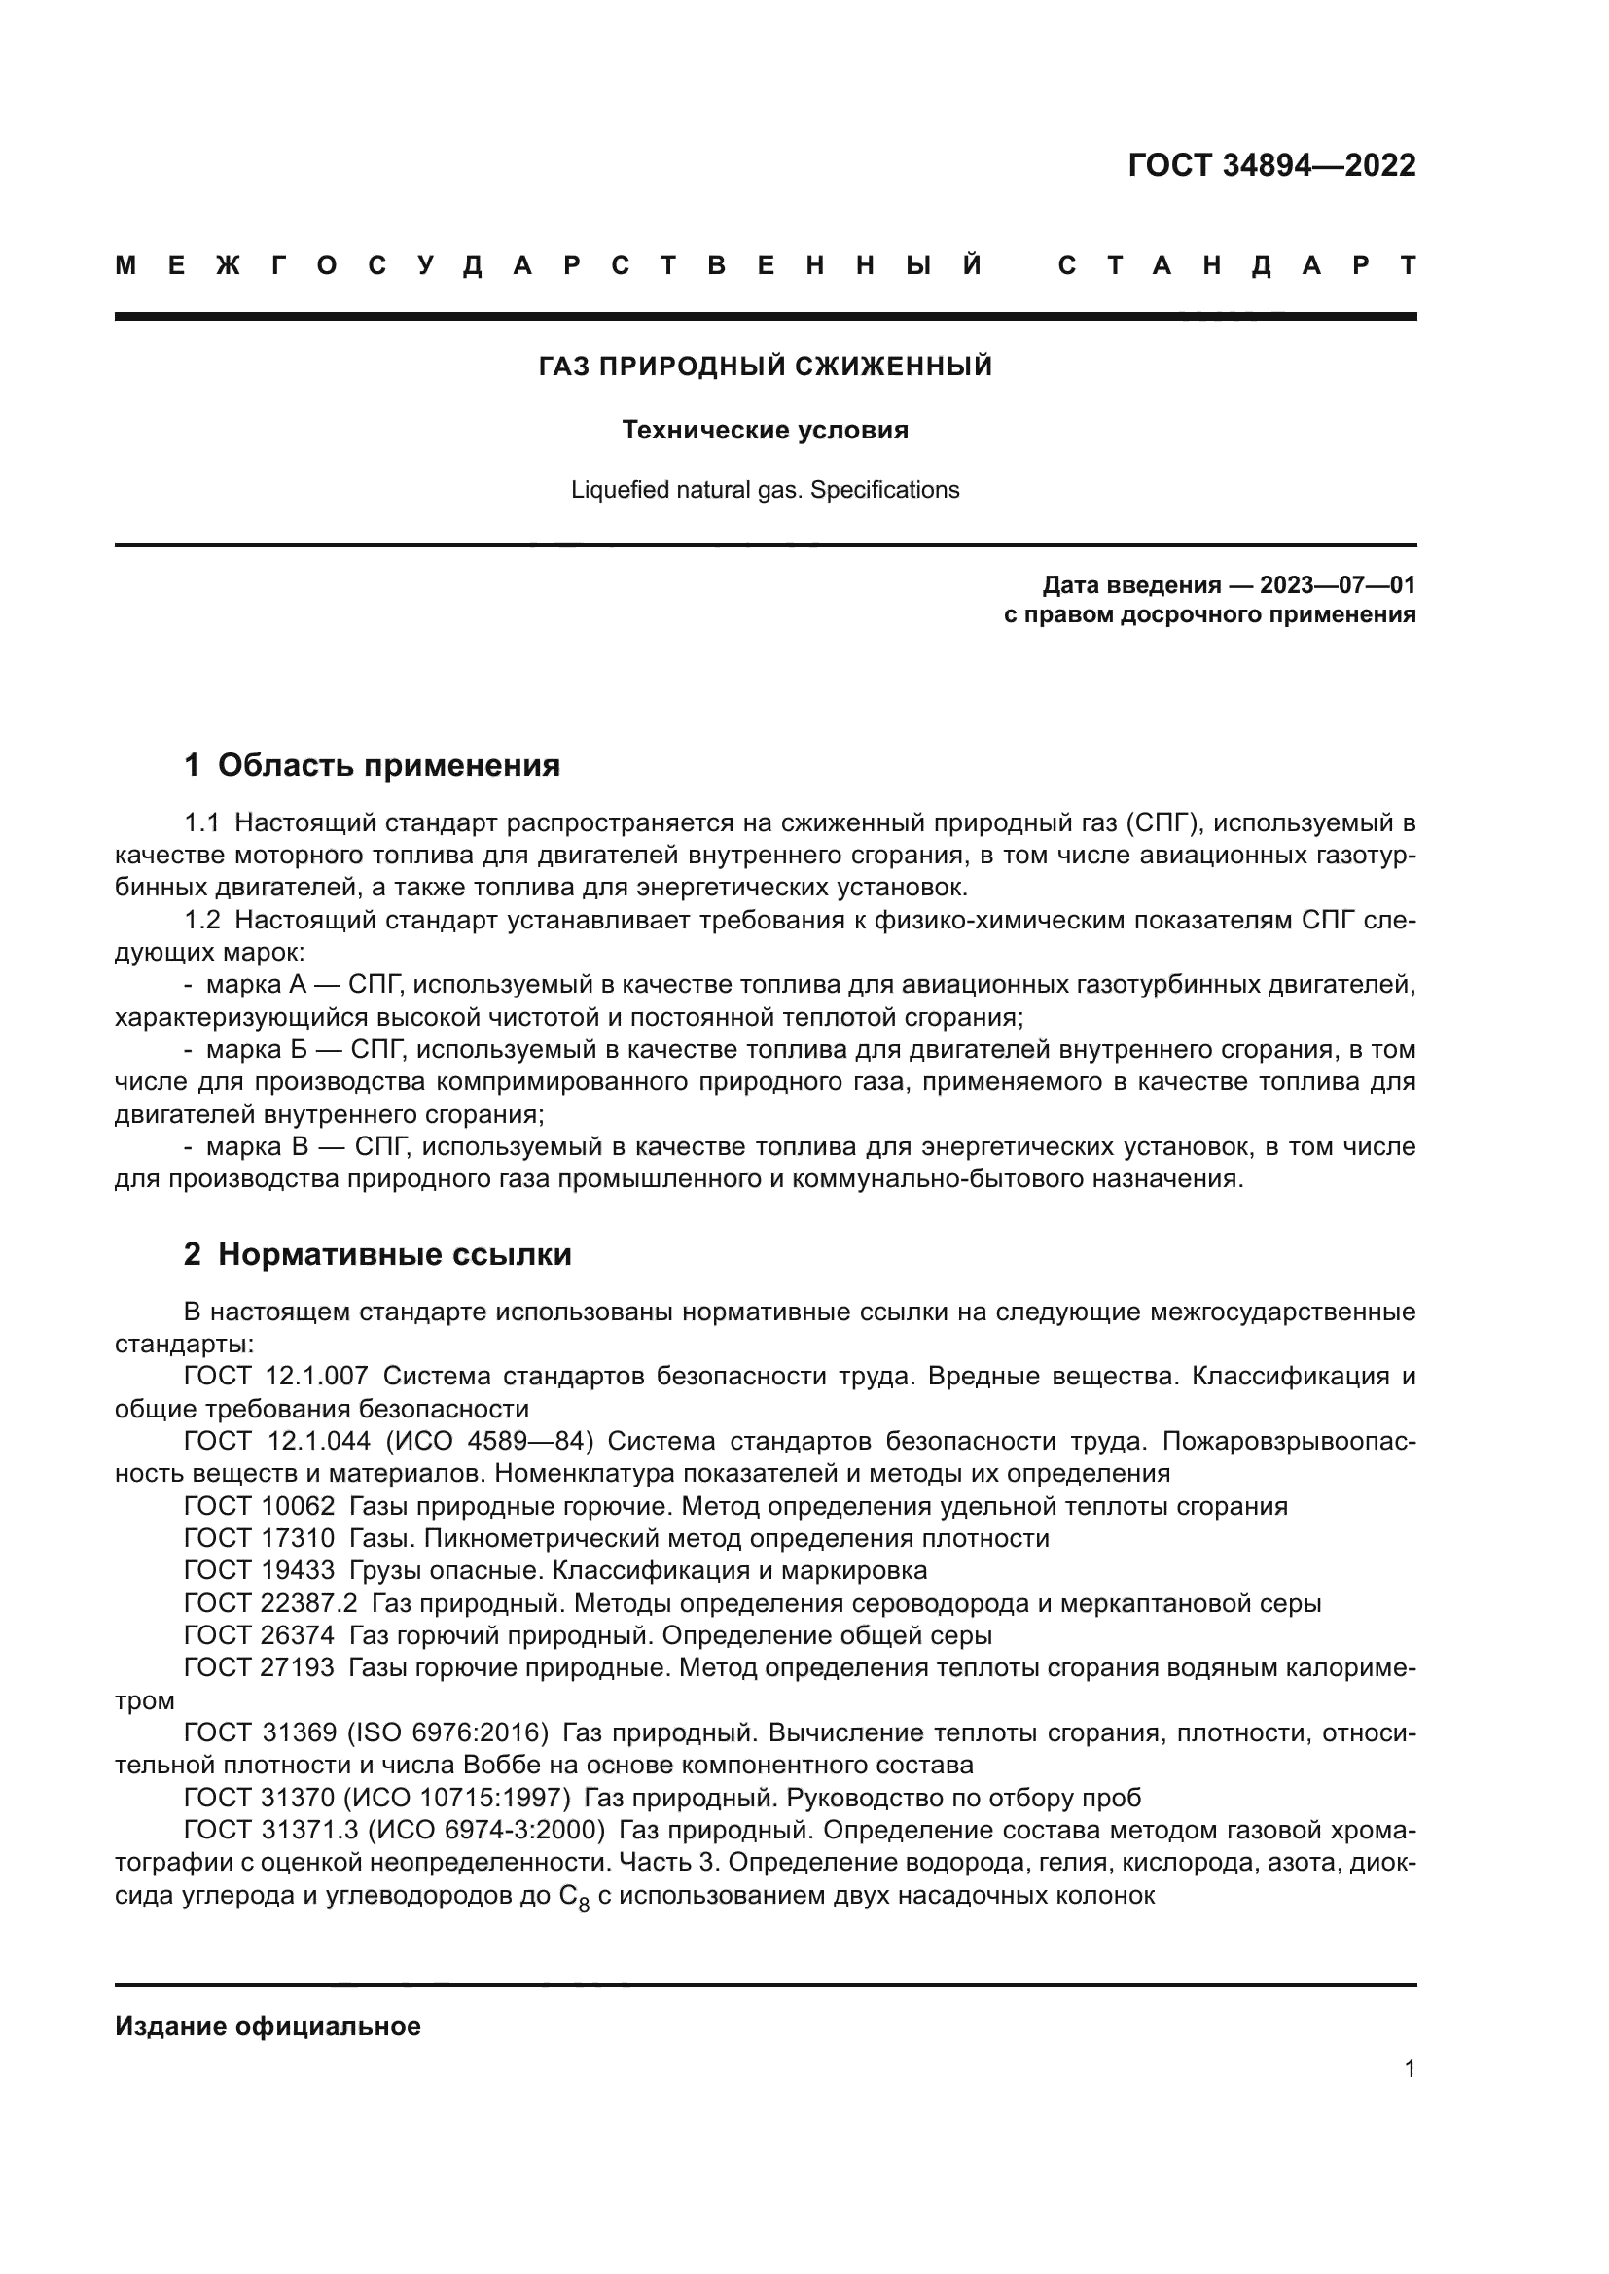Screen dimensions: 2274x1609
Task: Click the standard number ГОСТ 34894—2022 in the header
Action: point(1271,165)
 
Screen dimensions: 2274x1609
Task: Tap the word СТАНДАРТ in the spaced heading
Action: point(1236,266)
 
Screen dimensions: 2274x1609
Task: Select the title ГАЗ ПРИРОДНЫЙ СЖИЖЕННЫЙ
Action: point(765,367)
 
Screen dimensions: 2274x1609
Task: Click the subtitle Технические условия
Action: point(765,431)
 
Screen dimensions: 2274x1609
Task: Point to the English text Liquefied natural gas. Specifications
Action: point(765,490)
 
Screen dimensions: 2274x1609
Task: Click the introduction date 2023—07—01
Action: point(1338,585)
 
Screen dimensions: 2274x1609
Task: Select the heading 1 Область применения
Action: point(373,764)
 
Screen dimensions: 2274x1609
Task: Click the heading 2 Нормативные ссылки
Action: point(377,1255)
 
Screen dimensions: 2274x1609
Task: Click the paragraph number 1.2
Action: point(202,921)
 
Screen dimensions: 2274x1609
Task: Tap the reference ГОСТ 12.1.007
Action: point(276,1377)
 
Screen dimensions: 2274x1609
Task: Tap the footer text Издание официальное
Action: point(268,2026)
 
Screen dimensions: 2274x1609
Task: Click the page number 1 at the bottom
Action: point(1409,2069)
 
